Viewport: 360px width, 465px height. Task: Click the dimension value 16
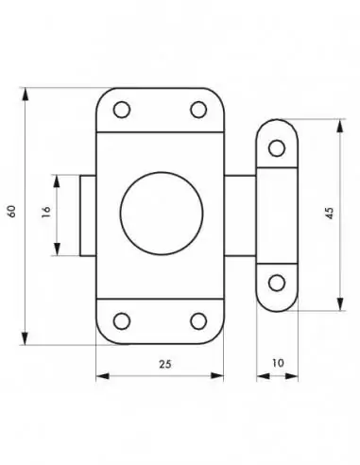click(44, 215)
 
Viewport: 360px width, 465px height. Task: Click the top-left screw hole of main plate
click(120, 110)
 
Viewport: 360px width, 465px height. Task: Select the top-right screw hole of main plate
click(198, 110)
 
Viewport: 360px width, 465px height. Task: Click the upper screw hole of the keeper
click(276, 147)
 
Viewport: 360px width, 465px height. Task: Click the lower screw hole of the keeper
click(276, 282)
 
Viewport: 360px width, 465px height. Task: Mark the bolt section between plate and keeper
click(240, 215)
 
